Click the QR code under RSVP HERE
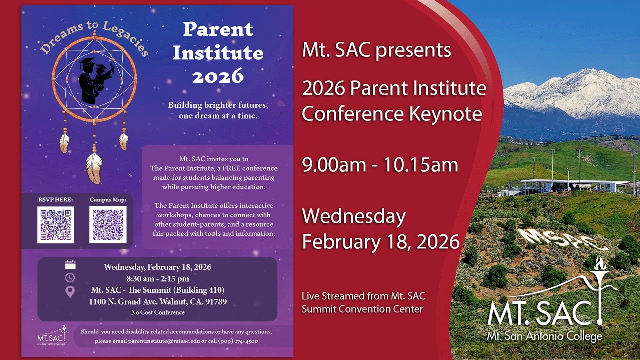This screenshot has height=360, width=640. coord(55,225)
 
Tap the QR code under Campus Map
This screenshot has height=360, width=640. coord(108,225)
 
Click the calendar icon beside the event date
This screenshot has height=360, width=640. coord(70,265)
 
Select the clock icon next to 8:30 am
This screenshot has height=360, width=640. coord(70,278)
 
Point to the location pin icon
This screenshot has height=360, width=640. coord(70,292)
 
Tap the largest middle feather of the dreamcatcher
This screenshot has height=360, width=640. coord(93,167)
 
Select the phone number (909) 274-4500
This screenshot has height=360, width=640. coord(238,341)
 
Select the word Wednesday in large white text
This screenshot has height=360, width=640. coord(354,217)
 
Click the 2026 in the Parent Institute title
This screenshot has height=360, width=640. coord(218,76)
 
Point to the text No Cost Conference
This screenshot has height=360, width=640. coord(158,313)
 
